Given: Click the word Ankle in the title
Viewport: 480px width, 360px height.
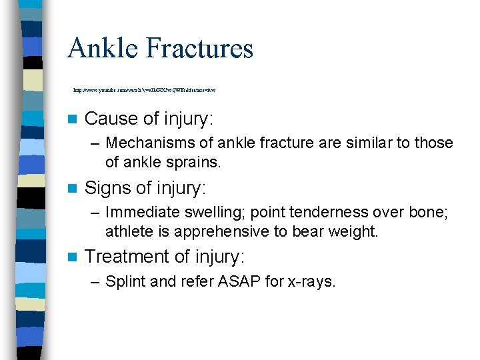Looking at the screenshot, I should coord(101,49).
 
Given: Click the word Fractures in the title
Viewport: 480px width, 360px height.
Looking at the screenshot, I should coord(198,49).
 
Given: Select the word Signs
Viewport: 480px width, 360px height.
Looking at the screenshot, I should coord(109,189).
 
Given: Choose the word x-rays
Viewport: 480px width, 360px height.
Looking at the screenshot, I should coord(311,282).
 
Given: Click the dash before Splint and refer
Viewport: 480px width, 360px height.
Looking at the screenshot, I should coord(94,282).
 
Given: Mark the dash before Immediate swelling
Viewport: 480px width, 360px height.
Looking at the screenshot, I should coord(94,213).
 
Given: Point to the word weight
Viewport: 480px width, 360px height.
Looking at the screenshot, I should coord(355,231).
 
